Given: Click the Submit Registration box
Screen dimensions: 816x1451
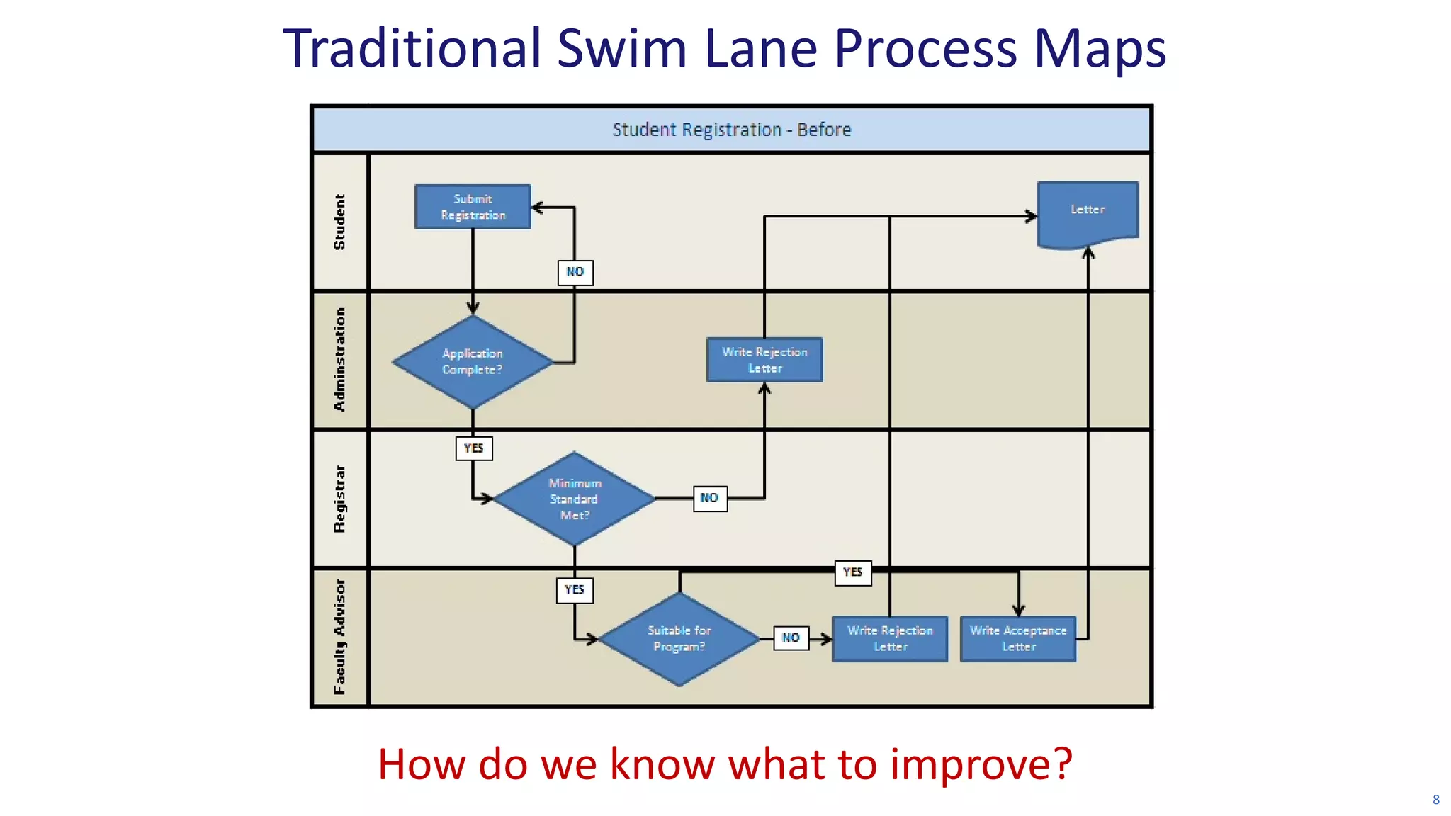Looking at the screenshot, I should coord(473,207).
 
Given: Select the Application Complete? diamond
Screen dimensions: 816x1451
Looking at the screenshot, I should coord(473,361).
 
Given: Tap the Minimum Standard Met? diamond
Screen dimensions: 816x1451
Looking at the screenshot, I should coord(575,499).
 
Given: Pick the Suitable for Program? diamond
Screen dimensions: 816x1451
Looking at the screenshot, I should coord(679,638).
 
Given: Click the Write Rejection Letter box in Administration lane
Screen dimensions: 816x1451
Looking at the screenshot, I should coord(764,360).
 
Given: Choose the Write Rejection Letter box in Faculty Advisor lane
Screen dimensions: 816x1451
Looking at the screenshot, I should coord(890,638).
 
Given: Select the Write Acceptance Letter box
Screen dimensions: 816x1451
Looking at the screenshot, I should coord(1018,638).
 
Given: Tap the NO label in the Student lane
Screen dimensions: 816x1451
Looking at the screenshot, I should coord(575,272).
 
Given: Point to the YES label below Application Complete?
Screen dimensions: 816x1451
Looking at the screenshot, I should coord(474,448).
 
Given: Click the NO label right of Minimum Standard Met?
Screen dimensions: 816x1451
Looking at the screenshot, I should coord(710,498).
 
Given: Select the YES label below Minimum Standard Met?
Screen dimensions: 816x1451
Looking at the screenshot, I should coord(575,589).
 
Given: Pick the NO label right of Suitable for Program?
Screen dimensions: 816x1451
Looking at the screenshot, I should coord(791,637).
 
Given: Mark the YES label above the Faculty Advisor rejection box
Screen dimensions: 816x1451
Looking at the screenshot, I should coord(853,572).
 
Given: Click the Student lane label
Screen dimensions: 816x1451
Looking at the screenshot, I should coord(340,222).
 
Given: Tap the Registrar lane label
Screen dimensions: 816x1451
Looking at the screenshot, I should coord(340,499).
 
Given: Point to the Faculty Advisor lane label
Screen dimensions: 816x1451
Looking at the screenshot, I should coord(340,637).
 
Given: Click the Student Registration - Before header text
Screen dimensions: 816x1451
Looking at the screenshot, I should coord(732,130).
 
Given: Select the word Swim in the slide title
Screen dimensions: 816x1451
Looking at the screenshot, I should coord(622,49).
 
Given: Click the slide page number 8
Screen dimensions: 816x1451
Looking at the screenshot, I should coord(1436,800).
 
